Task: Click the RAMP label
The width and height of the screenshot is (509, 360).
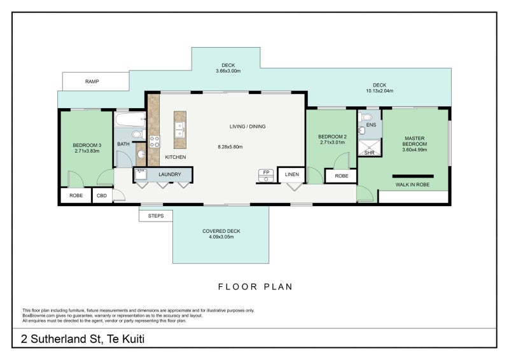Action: pyautogui.click(x=92, y=81)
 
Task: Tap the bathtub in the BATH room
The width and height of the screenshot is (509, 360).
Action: pyautogui.click(x=130, y=120)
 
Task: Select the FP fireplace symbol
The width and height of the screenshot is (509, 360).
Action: pyautogui.click(x=266, y=176)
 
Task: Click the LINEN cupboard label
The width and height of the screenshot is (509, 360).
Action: pyautogui.click(x=292, y=174)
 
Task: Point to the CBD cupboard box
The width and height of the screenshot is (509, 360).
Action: pyautogui.click(x=102, y=196)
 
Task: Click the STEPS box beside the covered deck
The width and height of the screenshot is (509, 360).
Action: pyautogui.click(x=156, y=216)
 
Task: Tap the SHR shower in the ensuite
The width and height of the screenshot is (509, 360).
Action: pyautogui.click(x=370, y=148)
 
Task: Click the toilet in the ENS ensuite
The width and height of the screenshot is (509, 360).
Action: pyautogui.click(x=365, y=117)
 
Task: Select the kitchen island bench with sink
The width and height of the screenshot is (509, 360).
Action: pyautogui.click(x=180, y=130)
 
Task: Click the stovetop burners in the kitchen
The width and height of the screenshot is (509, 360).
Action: pyautogui.click(x=154, y=142)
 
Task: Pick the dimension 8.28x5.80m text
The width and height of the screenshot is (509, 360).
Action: pyautogui.click(x=230, y=147)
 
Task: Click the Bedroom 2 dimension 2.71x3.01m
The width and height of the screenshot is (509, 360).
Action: pyautogui.click(x=332, y=142)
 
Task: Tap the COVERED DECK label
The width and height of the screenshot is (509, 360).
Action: pyautogui.click(x=221, y=231)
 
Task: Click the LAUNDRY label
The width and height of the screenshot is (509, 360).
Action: pyautogui.click(x=170, y=174)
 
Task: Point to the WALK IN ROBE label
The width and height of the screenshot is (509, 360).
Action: pyautogui.click(x=412, y=184)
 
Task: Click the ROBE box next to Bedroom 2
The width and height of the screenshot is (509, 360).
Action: pyautogui.click(x=341, y=176)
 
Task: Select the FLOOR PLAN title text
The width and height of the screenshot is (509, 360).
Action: pyautogui.click(x=255, y=287)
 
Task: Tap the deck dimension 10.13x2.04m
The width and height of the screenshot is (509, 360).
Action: pyautogui.click(x=379, y=91)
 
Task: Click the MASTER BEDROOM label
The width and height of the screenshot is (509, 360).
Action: pyautogui.click(x=415, y=141)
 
